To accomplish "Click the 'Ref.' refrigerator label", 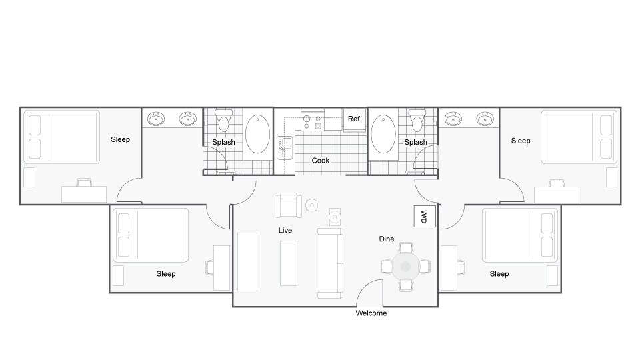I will pyautogui.click(x=354, y=119).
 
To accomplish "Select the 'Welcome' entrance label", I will pyautogui.click(x=371, y=313).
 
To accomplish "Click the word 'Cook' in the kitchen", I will pyautogui.click(x=321, y=160).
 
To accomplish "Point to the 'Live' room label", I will pyautogui.click(x=285, y=230).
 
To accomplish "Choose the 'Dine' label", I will pyautogui.click(x=387, y=239).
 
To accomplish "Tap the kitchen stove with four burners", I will pyautogui.click(x=312, y=121).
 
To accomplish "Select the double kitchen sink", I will pyautogui.click(x=285, y=148).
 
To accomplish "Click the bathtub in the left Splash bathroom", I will pyautogui.click(x=258, y=135).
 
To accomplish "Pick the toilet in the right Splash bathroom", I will pyautogui.click(x=418, y=121).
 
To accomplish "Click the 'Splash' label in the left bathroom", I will pyautogui.click(x=223, y=142).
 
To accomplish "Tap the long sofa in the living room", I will pyautogui.click(x=331, y=263).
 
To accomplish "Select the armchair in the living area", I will pyautogui.click(x=287, y=205).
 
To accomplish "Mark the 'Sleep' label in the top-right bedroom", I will pyautogui.click(x=521, y=141).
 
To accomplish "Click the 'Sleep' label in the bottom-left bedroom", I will pyautogui.click(x=166, y=274).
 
